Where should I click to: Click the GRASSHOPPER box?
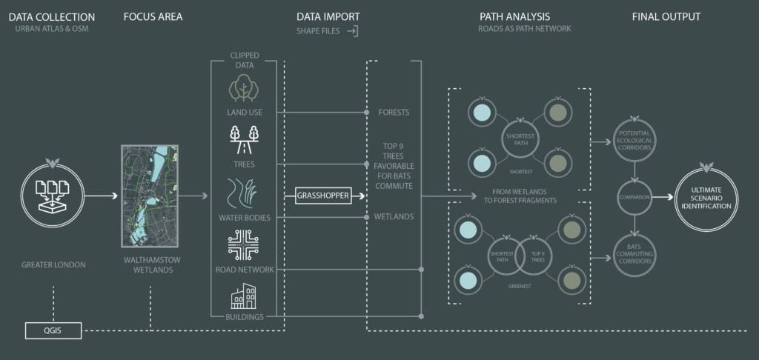pos(322,196)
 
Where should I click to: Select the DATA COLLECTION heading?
pos(51,16)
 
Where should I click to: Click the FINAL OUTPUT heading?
pos(666,16)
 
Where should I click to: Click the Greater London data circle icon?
pos(53,196)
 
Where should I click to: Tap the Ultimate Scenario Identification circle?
pos(706,196)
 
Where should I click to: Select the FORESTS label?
pos(394,113)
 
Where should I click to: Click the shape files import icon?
pos(353,31)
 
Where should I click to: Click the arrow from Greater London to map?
pos(104,196)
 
